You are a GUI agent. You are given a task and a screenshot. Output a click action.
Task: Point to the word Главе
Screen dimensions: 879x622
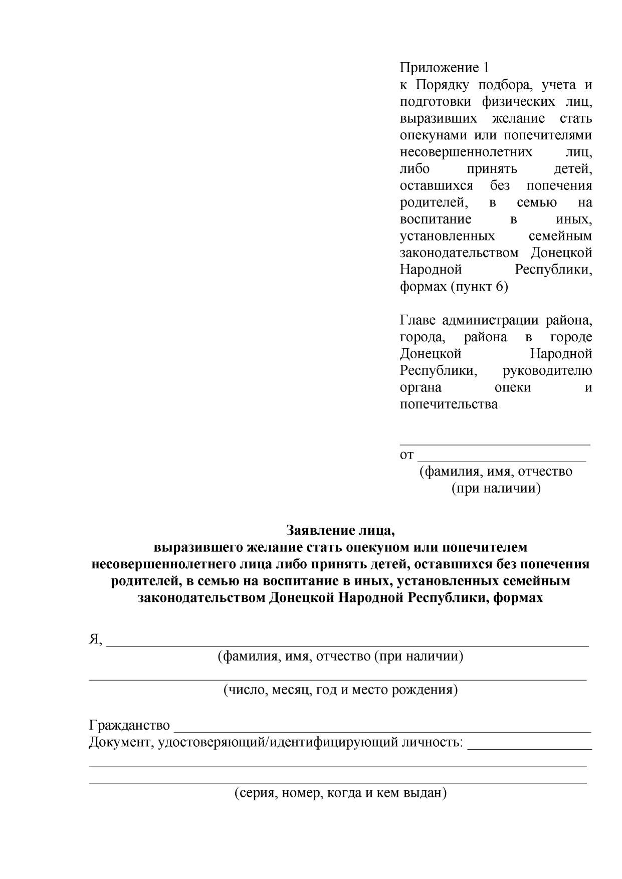pos(418,321)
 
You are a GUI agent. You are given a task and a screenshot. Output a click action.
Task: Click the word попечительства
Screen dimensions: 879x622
pos(449,404)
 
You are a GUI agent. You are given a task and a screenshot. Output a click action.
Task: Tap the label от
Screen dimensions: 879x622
pos(406,455)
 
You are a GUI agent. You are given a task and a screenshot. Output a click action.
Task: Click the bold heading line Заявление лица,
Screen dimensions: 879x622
pos(340,530)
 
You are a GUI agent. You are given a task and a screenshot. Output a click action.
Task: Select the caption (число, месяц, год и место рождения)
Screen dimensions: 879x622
pos(340,690)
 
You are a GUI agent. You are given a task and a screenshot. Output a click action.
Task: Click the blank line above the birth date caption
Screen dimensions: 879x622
pos(338,679)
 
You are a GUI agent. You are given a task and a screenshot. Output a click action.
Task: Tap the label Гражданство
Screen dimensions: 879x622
pos(129,725)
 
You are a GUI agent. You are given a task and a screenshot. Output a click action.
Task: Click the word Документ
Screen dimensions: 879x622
pos(119,742)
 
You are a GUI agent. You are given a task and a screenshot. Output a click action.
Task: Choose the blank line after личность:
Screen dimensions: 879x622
pos(529,748)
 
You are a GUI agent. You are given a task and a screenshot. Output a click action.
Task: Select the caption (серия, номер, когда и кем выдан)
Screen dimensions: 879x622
pos(340,793)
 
